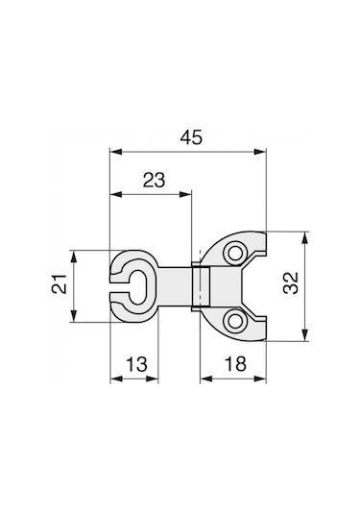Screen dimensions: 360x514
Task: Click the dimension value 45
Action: [191, 137]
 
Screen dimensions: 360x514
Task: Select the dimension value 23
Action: [154, 181]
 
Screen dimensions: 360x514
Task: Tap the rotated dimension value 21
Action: [60, 283]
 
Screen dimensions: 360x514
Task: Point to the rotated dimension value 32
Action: [291, 282]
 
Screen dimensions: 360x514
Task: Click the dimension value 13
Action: [136, 364]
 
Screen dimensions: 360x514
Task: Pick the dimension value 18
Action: [235, 364]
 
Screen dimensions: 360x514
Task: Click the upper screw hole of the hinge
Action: [234, 253]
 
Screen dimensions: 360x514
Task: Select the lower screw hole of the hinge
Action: [234, 321]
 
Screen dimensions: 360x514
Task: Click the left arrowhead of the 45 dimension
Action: [116, 152]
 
